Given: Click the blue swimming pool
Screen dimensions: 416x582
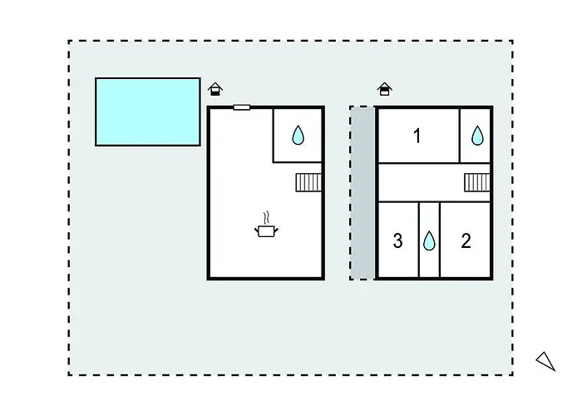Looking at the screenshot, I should pos(147,111).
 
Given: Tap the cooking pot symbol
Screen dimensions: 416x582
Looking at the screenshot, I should pos(266,231).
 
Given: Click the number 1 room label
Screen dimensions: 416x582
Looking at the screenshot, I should pos(417,136).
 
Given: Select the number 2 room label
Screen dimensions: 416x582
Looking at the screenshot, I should pos(466,241).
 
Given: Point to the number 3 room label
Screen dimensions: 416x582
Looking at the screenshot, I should pos(397,241).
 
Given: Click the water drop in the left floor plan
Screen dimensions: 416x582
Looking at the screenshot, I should pos(299,135).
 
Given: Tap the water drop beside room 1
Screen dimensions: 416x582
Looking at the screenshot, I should pos(477,136).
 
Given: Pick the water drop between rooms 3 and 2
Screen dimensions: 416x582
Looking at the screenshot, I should pos(429,241).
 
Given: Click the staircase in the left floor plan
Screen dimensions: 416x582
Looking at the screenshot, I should pos(308,182).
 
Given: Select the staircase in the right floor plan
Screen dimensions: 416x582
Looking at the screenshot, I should pos(476,182).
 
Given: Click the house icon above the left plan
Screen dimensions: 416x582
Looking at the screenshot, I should pos(215,88).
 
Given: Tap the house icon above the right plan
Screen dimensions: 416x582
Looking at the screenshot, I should pos(384,88).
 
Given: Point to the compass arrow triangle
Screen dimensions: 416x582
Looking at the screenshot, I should pos(545,359).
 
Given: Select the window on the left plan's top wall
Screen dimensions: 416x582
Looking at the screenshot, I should pos(242,106).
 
